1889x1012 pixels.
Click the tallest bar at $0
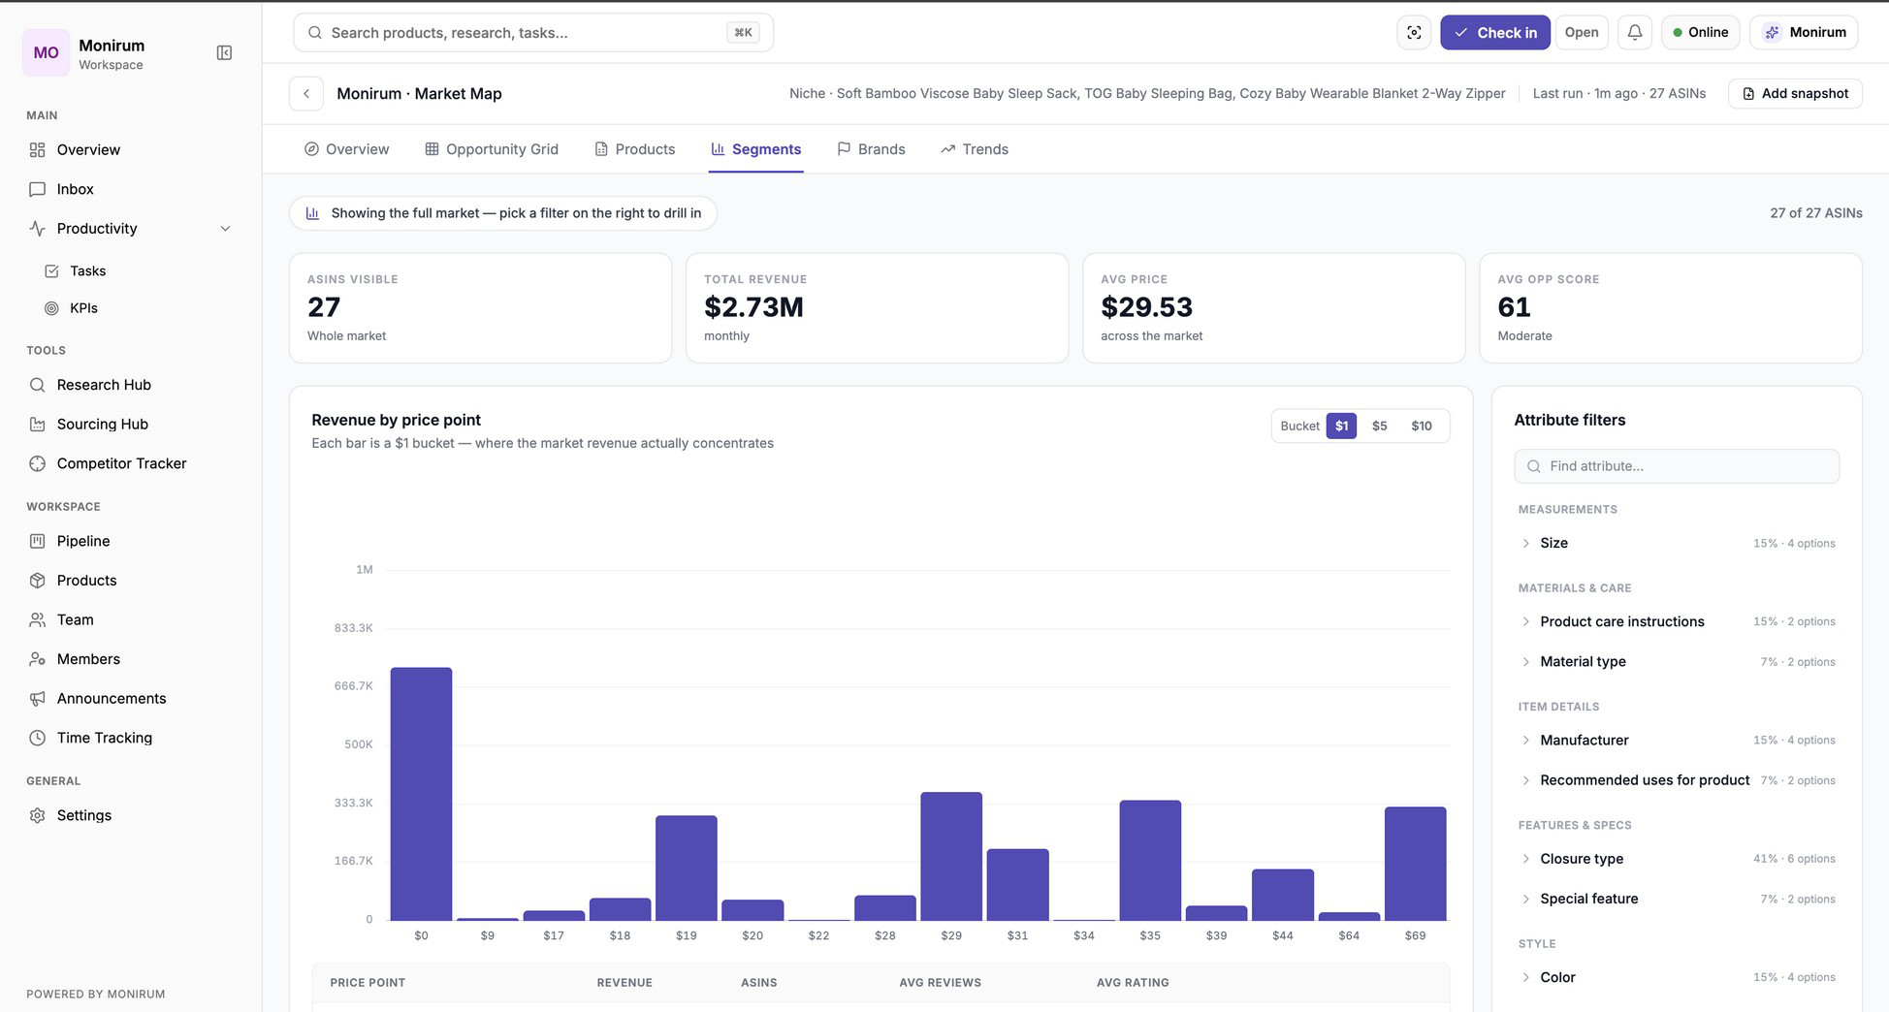(x=421, y=794)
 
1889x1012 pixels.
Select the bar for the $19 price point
(x=687, y=868)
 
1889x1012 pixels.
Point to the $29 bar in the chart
(x=951, y=856)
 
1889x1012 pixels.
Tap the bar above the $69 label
(x=1416, y=864)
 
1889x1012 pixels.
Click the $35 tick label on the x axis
(x=1150, y=935)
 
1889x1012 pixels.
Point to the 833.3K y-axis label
(x=353, y=628)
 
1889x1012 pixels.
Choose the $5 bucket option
(x=1379, y=426)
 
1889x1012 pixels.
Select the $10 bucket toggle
(x=1422, y=426)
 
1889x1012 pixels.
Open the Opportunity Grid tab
(x=492, y=149)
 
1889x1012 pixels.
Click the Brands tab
(x=871, y=149)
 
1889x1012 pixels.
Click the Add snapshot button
(x=1795, y=94)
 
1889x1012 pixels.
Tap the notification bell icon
(x=1635, y=33)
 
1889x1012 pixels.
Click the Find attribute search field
(x=1677, y=466)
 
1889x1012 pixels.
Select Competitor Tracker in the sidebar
(x=121, y=463)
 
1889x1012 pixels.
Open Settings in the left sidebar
(x=84, y=815)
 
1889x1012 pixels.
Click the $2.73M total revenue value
(x=753, y=307)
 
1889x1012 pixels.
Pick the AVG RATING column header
(x=1133, y=983)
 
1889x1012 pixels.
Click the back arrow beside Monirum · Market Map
(x=306, y=94)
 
